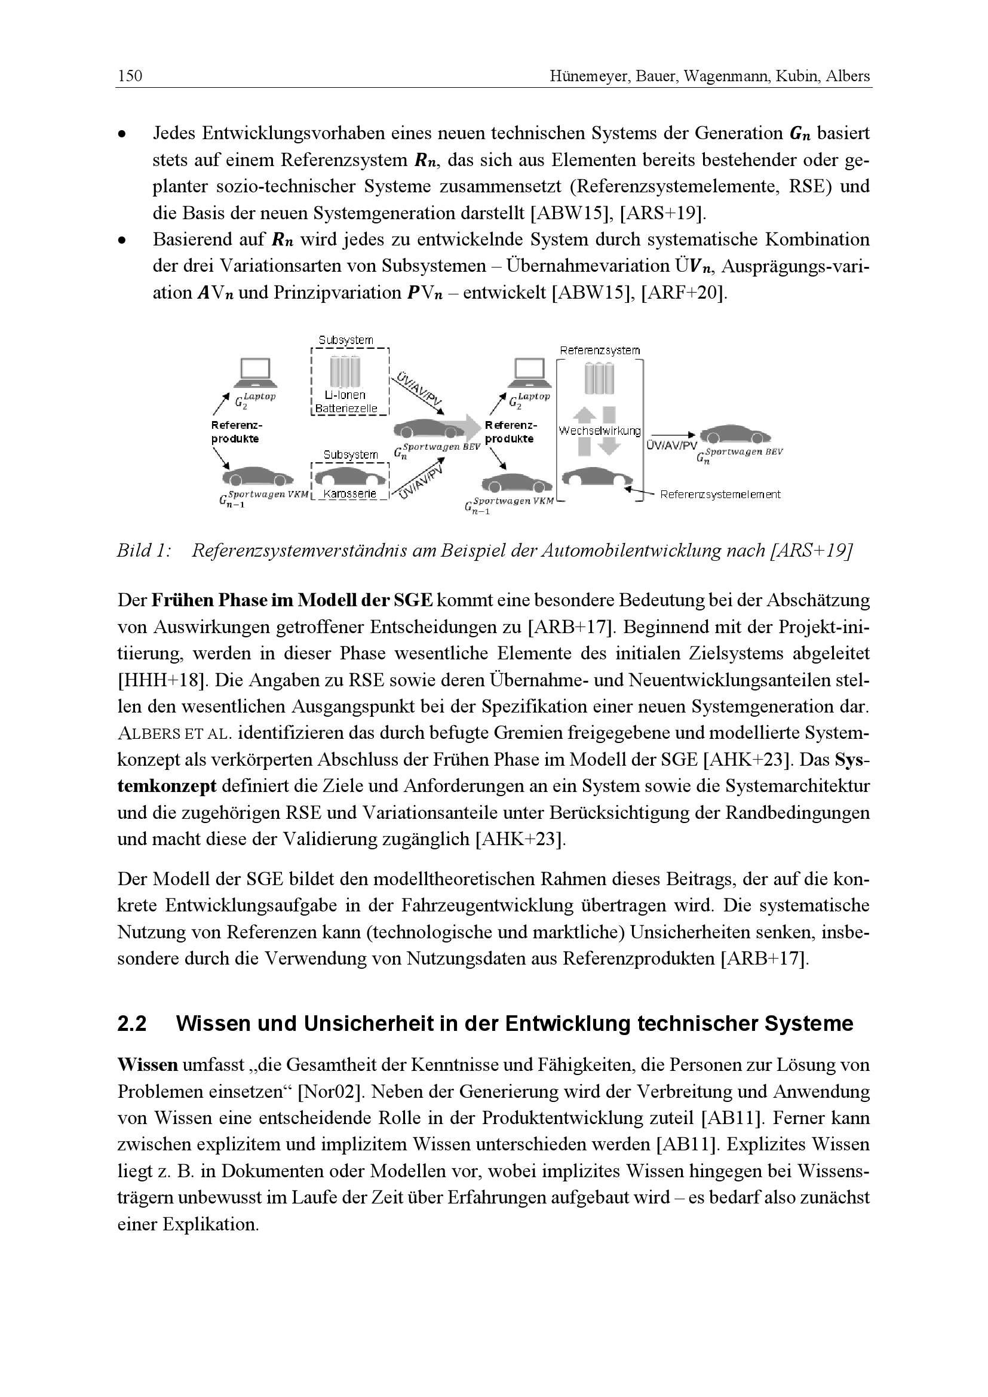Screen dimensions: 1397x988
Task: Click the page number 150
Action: (130, 76)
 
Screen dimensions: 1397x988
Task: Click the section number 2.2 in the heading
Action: (132, 1024)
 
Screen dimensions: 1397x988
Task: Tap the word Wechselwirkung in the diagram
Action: (599, 431)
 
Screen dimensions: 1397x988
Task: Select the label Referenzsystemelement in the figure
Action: (720, 495)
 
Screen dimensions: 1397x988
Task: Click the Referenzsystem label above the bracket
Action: (600, 351)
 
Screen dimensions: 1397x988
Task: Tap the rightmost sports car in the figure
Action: (735, 436)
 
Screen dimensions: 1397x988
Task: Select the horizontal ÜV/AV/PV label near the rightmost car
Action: (671, 446)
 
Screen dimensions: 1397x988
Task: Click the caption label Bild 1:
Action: (143, 551)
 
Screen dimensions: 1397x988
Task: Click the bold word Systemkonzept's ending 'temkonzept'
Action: (167, 786)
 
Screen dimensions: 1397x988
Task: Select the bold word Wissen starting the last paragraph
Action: (148, 1065)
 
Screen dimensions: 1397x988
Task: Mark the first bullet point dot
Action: (123, 133)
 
